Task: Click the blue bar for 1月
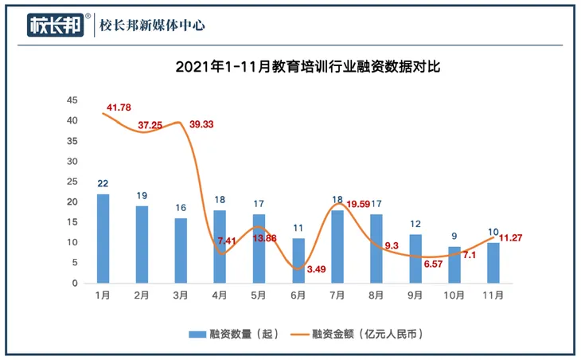click(103, 238)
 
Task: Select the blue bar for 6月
click(298, 260)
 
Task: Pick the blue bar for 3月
click(181, 250)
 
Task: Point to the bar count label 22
click(103, 183)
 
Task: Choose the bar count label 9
click(454, 236)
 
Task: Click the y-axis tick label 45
click(72, 100)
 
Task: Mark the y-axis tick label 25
click(72, 182)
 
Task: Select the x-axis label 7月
click(337, 295)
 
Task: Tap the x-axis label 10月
click(454, 295)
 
